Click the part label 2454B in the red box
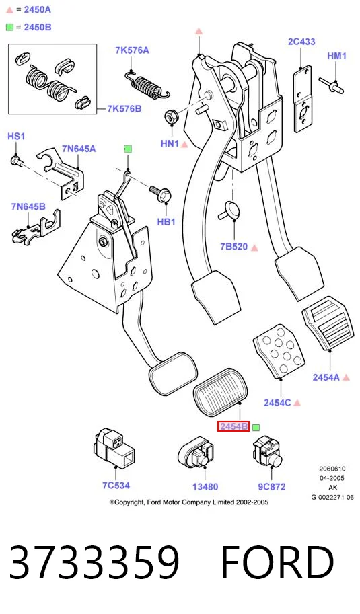[x=233, y=426]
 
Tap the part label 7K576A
[x=132, y=50]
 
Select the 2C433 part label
[x=301, y=42]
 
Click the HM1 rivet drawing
[x=331, y=86]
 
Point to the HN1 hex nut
[x=170, y=117]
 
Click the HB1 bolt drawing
[x=160, y=194]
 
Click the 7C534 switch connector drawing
[x=114, y=449]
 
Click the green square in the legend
[x=10, y=27]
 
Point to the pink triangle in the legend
[x=10, y=10]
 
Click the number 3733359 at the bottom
[x=94, y=562]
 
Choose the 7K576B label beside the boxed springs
[x=124, y=108]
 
